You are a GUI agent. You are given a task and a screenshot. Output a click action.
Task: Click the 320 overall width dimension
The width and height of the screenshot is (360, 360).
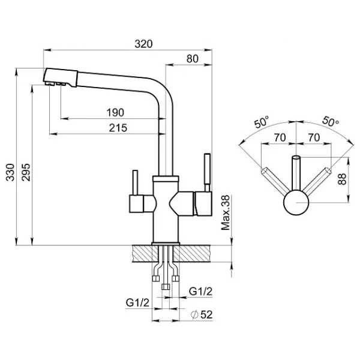143,44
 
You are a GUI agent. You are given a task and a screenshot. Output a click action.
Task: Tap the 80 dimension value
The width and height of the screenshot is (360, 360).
193,59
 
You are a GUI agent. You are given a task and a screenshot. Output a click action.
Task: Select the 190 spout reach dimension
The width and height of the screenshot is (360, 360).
115,113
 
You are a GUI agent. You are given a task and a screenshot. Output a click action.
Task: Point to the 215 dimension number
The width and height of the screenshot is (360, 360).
118,128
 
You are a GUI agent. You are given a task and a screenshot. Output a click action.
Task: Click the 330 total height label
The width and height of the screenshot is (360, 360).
10,172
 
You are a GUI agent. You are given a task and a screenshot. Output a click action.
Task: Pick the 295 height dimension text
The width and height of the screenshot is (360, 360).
26,172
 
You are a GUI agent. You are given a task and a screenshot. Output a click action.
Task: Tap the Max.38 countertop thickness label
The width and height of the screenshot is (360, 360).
225,212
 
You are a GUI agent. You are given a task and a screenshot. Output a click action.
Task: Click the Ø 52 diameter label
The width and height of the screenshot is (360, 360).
202,314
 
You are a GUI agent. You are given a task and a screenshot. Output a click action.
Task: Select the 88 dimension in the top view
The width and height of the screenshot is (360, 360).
342,179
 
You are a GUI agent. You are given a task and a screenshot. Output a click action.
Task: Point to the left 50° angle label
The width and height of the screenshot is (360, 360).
262,122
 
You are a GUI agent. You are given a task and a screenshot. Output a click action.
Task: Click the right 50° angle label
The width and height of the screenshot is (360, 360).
331,121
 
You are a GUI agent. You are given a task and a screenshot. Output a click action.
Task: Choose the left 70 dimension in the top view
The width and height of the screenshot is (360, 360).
280,137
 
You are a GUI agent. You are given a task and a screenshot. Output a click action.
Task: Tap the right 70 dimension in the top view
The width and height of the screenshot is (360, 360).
314,137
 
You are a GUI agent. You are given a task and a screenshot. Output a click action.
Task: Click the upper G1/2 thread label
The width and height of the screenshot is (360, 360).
200,292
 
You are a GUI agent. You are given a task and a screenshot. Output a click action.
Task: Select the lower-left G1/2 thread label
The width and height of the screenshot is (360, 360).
137,302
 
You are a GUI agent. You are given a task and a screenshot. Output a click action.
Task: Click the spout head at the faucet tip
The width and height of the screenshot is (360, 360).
60,77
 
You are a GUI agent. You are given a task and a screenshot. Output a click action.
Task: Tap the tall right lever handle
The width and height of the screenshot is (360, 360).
208,172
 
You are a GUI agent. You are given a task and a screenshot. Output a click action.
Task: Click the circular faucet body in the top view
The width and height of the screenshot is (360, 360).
296,203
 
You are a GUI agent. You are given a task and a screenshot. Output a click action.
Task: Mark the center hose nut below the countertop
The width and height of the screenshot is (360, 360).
166,287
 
